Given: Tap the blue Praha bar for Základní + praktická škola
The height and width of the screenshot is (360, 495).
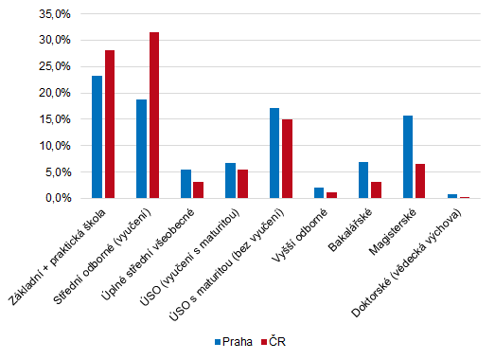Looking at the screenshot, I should pyautogui.click(x=97, y=137).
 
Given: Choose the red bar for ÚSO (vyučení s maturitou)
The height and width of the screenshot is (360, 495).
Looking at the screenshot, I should pyautogui.click(x=242, y=184).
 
